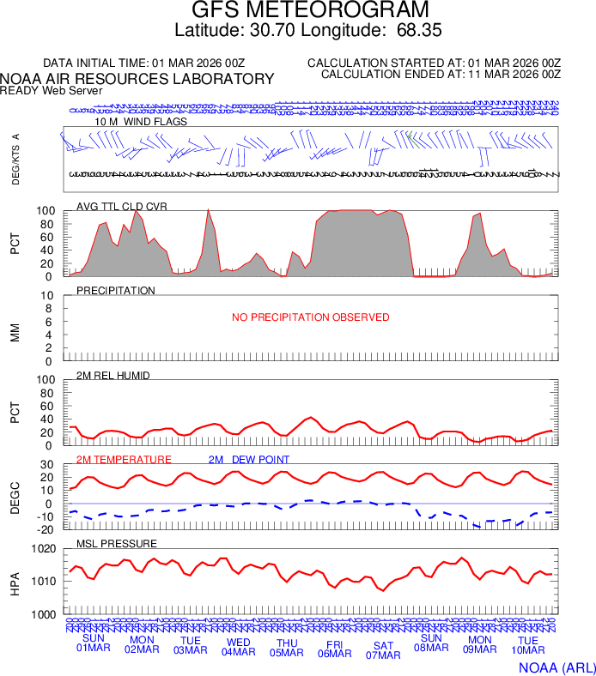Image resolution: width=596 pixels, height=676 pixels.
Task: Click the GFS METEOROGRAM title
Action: pos(309,11)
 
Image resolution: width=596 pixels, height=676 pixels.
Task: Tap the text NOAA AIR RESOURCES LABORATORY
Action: pos(137,79)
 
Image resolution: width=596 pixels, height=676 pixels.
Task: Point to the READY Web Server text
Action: pos(52,90)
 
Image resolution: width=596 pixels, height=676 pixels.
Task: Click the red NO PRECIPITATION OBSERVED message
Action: pos(311,317)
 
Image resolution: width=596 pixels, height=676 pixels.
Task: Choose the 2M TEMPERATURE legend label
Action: pos(124,460)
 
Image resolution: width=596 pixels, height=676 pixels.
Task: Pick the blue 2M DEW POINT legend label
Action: pos(249,460)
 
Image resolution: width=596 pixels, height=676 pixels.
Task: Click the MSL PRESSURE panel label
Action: pos(117,544)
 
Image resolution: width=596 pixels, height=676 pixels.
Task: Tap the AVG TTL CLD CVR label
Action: pos(119,207)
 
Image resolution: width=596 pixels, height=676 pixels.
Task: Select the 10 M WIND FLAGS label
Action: pos(141,122)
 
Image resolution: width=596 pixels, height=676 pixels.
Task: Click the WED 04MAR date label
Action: pos(239,647)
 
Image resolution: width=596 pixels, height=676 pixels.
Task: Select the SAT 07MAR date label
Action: pos(383,649)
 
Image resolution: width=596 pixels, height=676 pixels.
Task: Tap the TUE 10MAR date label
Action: pos(528,647)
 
